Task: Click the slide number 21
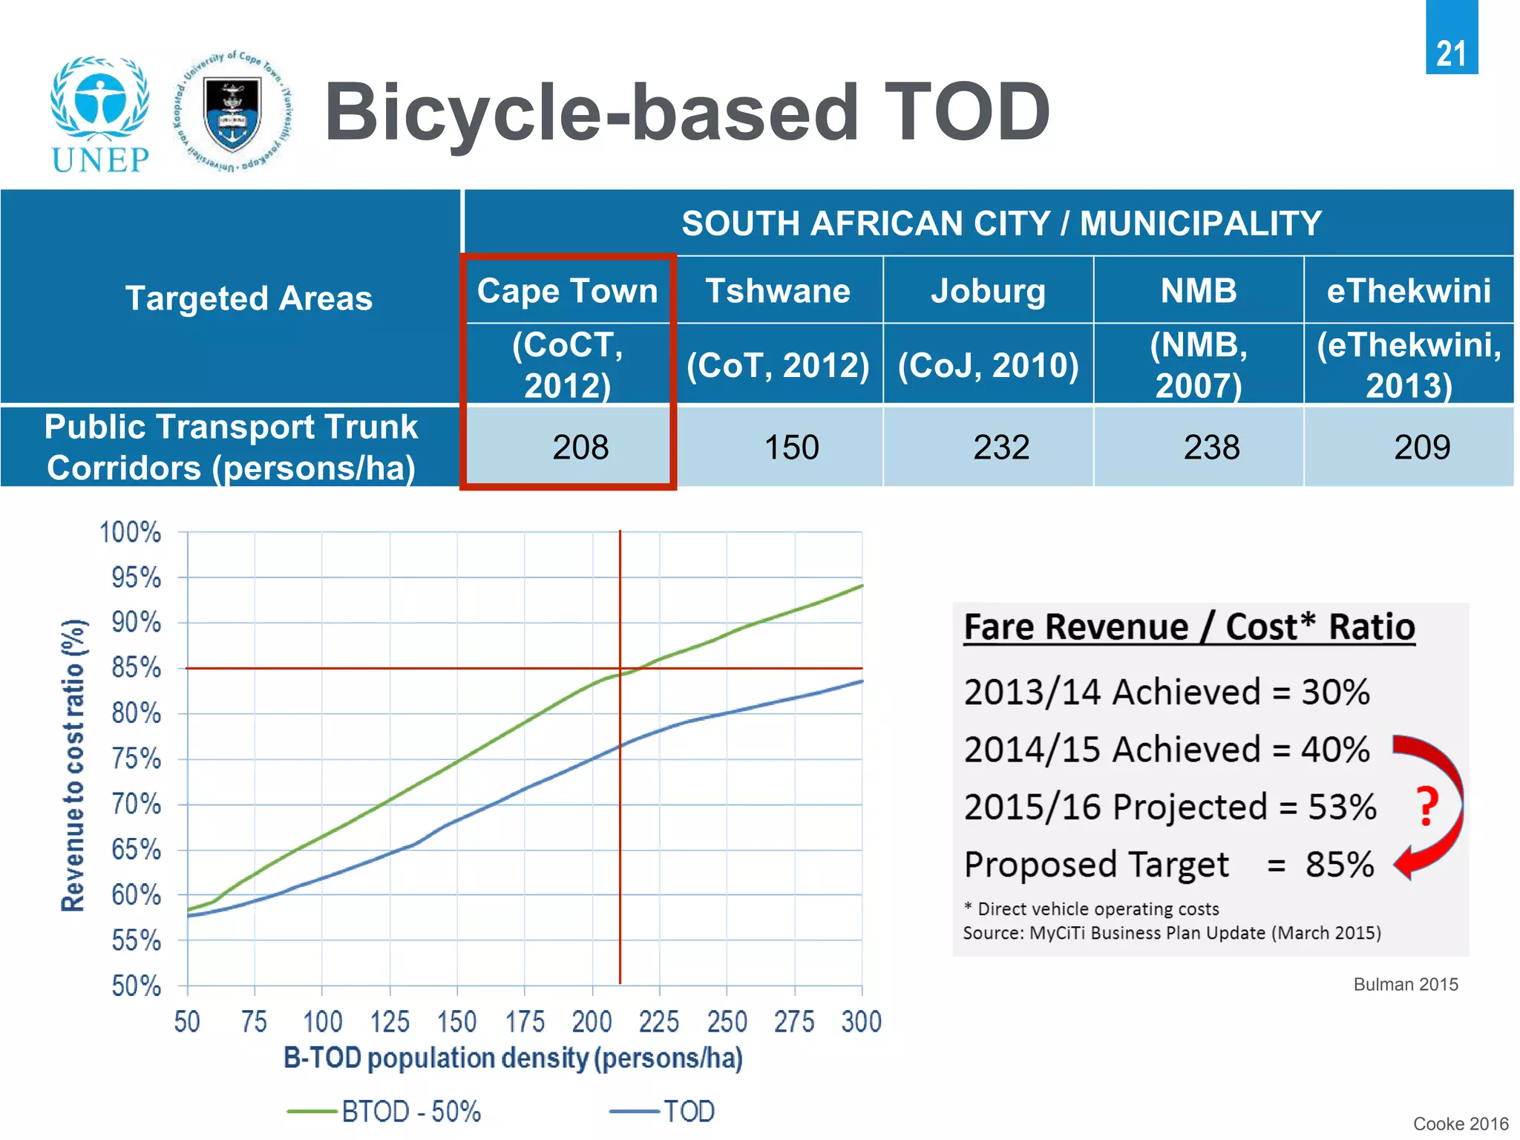click(x=1451, y=53)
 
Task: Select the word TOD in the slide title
click(x=966, y=113)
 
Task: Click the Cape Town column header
click(x=568, y=291)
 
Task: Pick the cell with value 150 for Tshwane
click(x=791, y=448)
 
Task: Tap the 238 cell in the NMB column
click(x=1211, y=448)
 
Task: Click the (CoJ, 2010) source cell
click(x=988, y=365)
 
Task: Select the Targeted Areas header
click(x=249, y=298)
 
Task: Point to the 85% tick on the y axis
click(x=137, y=668)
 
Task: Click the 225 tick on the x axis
click(x=659, y=1022)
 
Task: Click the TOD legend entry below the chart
click(x=663, y=1111)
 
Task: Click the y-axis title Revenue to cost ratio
click(x=73, y=764)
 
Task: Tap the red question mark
click(x=1426, y=807)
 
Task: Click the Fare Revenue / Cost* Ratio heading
click(x=1189, y=627)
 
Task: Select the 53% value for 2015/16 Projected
click(x=1342, y=807)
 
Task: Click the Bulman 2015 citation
click(x=1405, y=984)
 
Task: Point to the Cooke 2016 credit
click(x=1460, y=1124)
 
